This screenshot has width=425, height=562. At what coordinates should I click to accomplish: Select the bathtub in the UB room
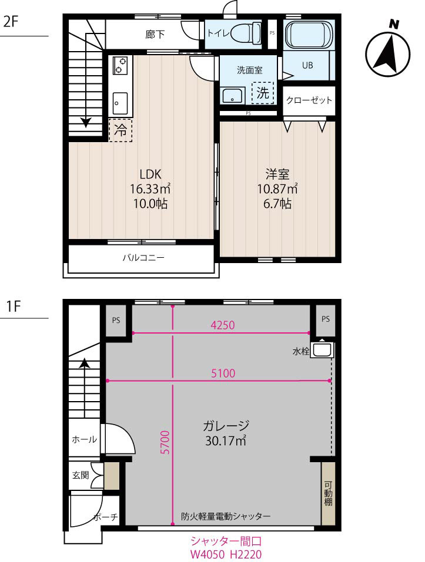point(309,35)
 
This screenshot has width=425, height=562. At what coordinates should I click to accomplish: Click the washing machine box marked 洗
point(264,92)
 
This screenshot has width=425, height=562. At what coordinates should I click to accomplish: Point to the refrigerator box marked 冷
point(121,130)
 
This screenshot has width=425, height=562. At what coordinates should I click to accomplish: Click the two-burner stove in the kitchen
point(121,65)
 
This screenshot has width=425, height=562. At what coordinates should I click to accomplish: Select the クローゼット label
point(309,100)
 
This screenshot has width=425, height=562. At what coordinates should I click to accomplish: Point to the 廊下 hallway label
point(155,35)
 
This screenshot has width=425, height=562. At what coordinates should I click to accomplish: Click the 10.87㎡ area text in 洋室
point(277,189)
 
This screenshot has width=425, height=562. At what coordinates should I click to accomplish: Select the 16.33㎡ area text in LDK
point(150,189)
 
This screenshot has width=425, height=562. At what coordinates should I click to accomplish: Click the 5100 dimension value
point(223,373)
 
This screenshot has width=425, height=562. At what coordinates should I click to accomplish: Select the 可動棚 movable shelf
point(328,494)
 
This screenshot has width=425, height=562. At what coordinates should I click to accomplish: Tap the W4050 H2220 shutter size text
point(225,554)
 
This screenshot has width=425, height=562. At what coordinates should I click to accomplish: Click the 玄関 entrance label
point(81,474)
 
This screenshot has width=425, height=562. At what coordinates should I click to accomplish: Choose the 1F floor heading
point(14,306)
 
